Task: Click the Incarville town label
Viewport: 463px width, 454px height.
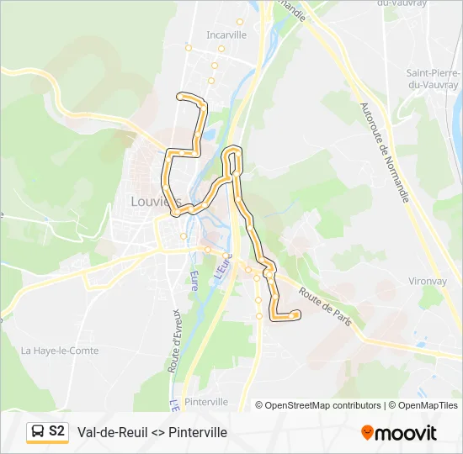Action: click(x=226, y=35)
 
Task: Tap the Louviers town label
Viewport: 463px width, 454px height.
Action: click(x=156, y=201)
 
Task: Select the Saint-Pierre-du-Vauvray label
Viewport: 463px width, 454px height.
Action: click(x=432, y=78)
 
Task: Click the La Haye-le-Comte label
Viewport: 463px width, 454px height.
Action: click(x=60, y=351)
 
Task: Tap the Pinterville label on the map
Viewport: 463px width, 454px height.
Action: click(x=205, y=402)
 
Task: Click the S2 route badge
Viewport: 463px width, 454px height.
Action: click(x=56, y=431)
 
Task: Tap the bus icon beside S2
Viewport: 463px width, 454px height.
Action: click(x=38, y=432)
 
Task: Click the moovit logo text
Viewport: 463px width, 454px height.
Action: click(x=406, y=433)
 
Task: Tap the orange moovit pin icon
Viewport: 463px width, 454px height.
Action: click(x=367, y=432)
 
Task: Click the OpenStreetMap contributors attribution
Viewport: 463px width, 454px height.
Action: click(x=317, y=405)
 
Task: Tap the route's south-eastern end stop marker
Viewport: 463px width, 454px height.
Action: click(x=297, y=314)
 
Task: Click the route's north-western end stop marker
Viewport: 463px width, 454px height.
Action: click(x=179, y=97)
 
